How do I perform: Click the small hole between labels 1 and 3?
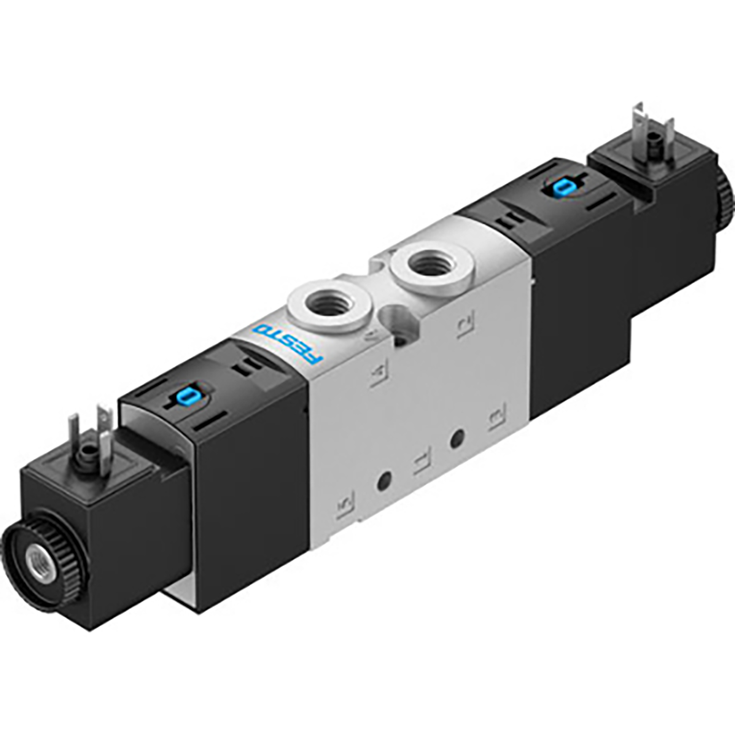click(456, 439)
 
